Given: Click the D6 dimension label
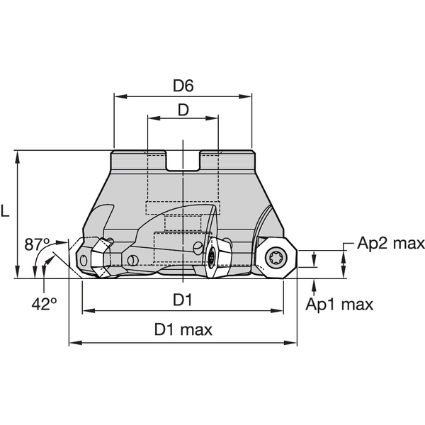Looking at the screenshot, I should (x=183, y=86).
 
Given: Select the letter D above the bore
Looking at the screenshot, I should (x=183, y=110).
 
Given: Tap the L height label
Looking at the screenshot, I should (x=6, y=211).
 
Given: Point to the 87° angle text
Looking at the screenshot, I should (x=38, y=245).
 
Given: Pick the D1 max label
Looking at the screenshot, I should (x=183, y=330).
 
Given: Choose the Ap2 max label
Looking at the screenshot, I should (x=390, y=244).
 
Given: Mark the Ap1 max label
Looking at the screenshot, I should (x=339, y=305).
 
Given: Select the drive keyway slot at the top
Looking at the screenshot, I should (x=183, y=161).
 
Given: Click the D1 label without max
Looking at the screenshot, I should (x=183, y=300).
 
